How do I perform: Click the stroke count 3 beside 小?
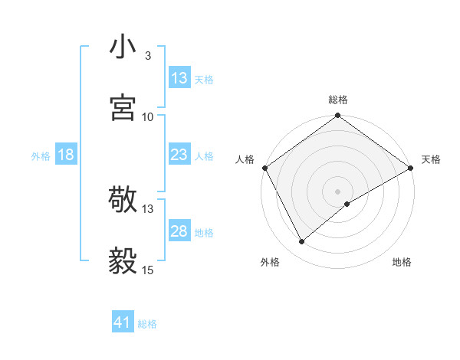148,56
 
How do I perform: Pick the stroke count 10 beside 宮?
148,116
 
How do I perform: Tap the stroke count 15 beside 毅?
148,270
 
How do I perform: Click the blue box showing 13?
179,78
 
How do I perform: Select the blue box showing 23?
179,155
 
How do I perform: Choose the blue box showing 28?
179,231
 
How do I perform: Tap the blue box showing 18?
66,155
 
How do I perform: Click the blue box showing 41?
123,323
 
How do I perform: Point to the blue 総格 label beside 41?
147,324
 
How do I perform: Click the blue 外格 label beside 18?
41,155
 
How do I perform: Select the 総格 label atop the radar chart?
338,100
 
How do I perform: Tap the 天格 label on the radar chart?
431,159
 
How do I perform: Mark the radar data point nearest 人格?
264,168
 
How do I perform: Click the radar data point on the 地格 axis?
347,204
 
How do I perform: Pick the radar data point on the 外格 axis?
302,241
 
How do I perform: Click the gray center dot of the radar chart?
338,191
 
